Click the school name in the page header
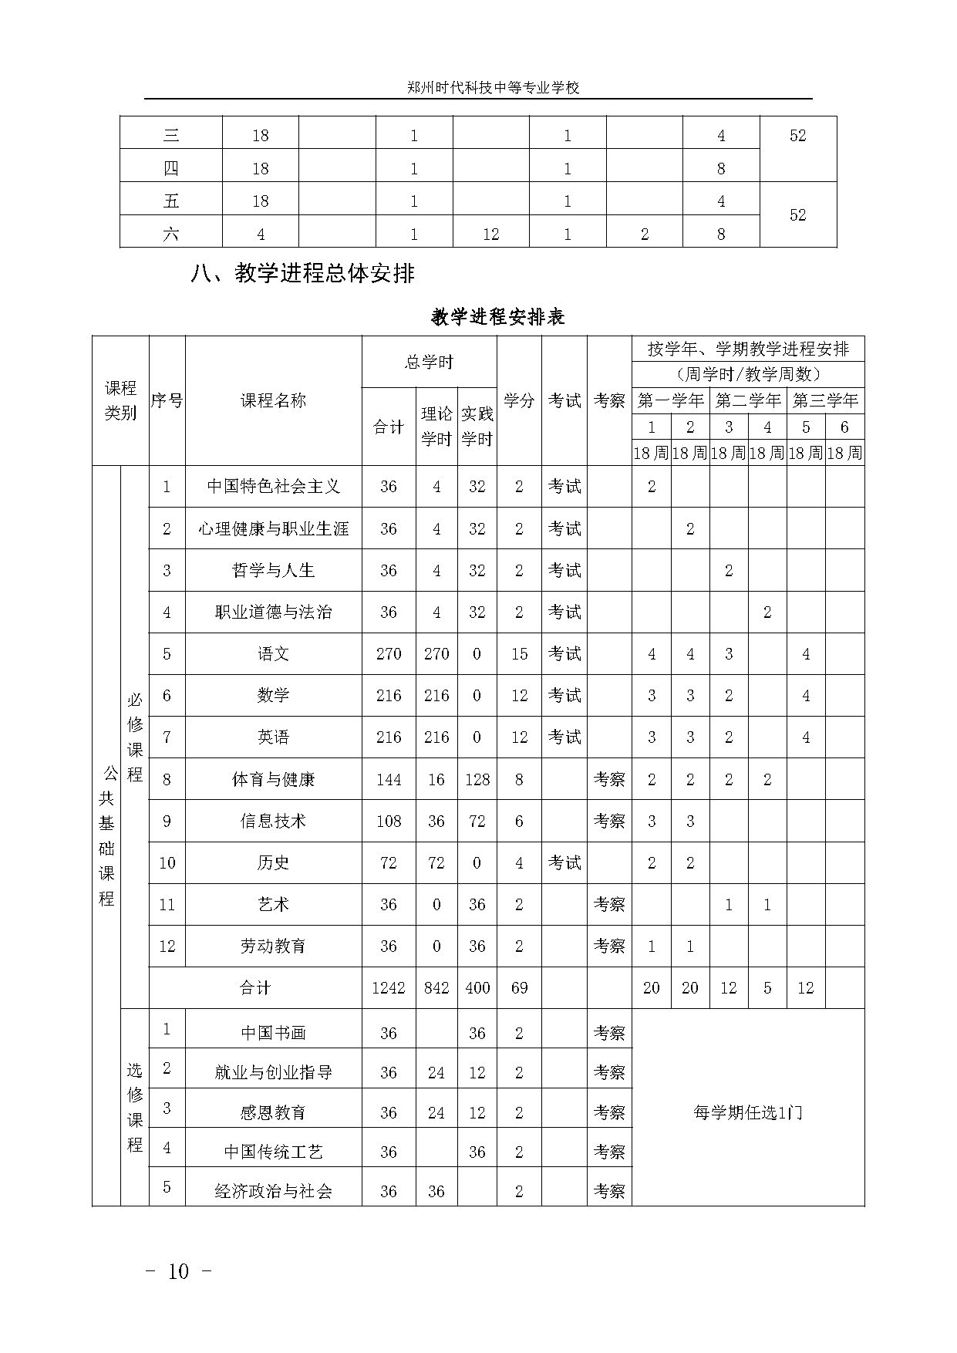pos(493,88)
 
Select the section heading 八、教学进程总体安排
pos(302,274)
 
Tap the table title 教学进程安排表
pos(497,317)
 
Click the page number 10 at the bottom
pos(178,1271)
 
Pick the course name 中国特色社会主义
pos(274,487)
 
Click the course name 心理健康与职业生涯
pos(274,528)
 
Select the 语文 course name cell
pos(274,654)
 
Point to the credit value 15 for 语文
pos(519,654)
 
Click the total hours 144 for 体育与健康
pos(389,779)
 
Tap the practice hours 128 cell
pos(477,779)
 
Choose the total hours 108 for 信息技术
pos(389,821)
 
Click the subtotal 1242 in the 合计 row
pos(389,988)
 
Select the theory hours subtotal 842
pos(436,988)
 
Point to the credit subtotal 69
pos(519,988)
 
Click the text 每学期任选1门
pos(747,1112)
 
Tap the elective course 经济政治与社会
pos(274,1191)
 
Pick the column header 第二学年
pos(748,400)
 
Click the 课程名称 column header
pos(274,400)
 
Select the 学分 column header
pos(519,400)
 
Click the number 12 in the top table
pos(491,234)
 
